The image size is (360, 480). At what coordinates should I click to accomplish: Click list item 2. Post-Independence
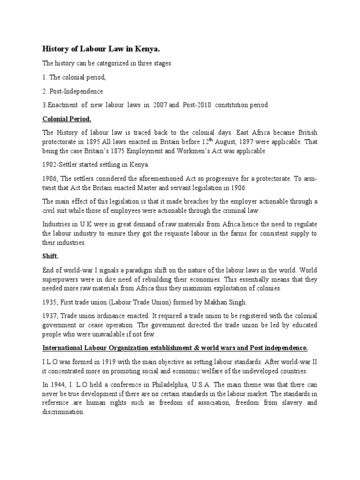pyautogui.click(x=73, y=91)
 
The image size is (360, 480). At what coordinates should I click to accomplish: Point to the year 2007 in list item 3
pyautogui.click(x=159, y=105)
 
